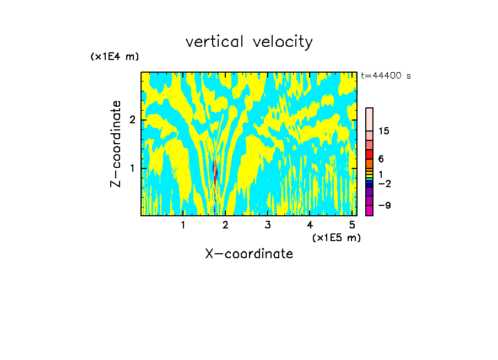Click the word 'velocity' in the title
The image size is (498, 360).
tap(283, 42)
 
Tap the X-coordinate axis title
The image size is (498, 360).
tap(249, 254)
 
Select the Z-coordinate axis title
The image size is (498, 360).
tap(116, 144)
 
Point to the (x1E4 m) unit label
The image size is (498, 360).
tap(115, 57)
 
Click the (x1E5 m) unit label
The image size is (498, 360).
tap(336, 237)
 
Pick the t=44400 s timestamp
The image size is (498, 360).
tap(386, 76)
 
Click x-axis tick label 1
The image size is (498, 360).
tap(183, 225)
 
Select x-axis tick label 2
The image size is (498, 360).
tap(225, 225)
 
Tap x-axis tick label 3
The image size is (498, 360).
tap(267, 225)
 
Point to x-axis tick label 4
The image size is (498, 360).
tap(310, 225)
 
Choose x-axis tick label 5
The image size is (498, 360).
tap(352, 225)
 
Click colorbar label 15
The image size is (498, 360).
tap(384, 131)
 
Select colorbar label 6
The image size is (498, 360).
tap(381, 159)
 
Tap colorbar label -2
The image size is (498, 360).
tap(384, 183)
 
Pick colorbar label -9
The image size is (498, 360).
tap(384, 205)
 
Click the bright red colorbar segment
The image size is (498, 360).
tap(369, 154)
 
